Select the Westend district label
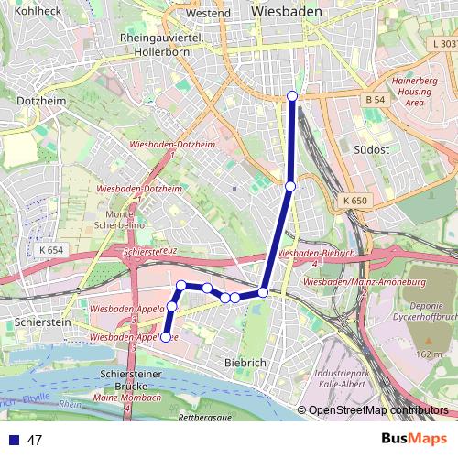(208, 14)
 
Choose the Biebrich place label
(245, 363)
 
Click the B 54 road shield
(373, 99)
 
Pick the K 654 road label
(51, 250)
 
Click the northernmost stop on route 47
(292, 96)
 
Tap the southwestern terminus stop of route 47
(166, 337)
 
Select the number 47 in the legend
(35, 440)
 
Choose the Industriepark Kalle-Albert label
(342, 380)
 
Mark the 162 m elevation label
(429, 354)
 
